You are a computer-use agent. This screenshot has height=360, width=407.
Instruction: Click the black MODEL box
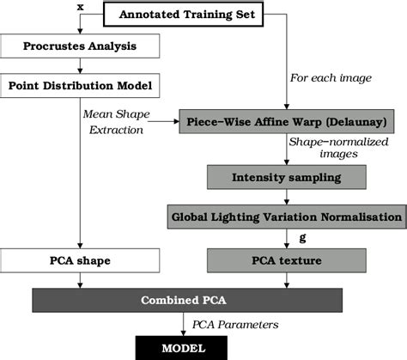coord(183,347)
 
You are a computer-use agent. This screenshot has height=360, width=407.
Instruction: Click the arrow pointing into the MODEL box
coord(183,330)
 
